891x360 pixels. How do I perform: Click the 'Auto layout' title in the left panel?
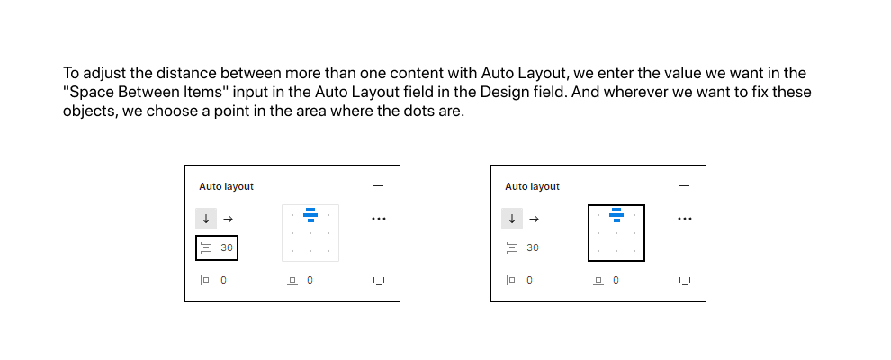226,186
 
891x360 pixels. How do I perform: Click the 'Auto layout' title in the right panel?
532,186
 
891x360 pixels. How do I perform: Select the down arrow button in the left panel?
206,219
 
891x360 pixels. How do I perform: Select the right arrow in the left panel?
228,219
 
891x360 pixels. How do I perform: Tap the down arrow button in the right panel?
512,219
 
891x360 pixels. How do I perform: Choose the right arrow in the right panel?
534,219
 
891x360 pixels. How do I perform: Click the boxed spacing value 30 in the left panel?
227,247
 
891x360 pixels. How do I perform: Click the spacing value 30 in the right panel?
533,247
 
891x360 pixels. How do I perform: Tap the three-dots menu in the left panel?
378,219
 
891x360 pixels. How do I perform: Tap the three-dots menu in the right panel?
685,219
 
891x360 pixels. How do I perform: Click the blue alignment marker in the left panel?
310,214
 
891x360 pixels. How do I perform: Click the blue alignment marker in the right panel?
616,214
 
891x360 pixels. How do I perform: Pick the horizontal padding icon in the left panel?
206,280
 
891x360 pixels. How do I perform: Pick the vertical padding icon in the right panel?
598,280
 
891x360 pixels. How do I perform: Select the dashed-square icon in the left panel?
379,279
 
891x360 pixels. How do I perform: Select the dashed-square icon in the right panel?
685,279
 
